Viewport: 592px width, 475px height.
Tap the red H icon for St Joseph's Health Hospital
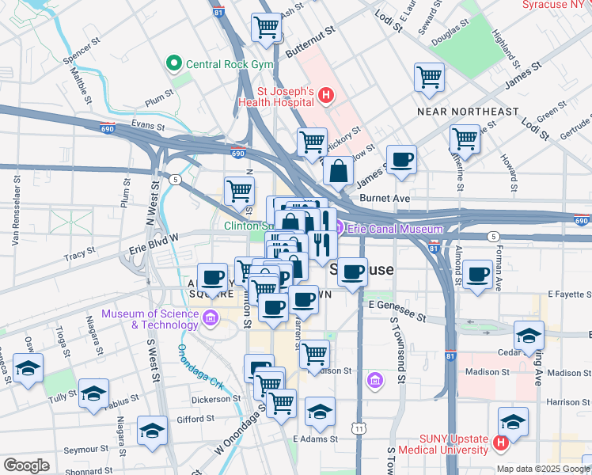(x=326, y=97)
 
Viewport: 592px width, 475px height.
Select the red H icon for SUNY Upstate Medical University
(x=499, y=443)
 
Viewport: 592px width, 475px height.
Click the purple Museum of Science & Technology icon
(x=210, y=319)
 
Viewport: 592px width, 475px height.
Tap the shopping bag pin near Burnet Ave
(x=338, y=171)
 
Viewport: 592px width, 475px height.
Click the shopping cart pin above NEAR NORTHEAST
(x=429, y=78)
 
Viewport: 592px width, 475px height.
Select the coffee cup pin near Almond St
(x=477, y=275)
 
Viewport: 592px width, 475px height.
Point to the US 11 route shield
(x=360, y=428)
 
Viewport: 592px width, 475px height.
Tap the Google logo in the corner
(x=26, y=465)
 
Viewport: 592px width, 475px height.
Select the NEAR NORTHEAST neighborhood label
(x=468, y=112)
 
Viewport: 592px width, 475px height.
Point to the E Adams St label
(x=315, y=439)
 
